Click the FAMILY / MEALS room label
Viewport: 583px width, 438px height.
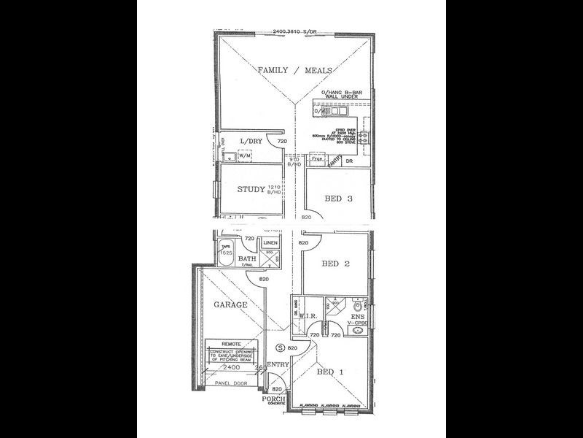tap(295, 70)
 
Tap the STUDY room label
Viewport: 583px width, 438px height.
tap(251, 190)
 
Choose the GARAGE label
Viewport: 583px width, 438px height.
tap(230, 304)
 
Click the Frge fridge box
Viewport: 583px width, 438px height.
tap(316, 158)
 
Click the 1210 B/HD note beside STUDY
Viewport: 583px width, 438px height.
tap(274, 190)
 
